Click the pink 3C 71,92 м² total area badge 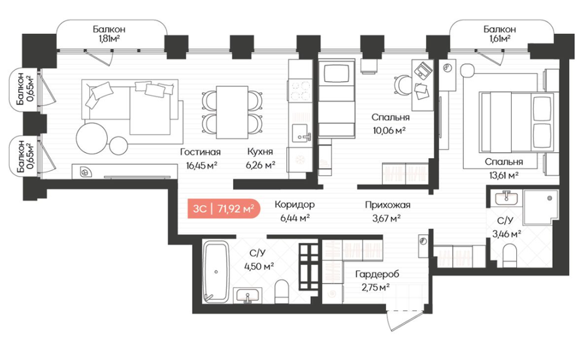pyautogui.click(x=224, y=208)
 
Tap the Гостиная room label pyautogui.click(x=201, y=152)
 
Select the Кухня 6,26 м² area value pyautogui.click(x=261, y=165)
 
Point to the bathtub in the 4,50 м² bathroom pyautogui.click(x=216, y=271)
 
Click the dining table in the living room pyautogui.click(x=232, y=112)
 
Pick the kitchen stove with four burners pyautogui.click(x=301, y=90)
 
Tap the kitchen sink pyautogui.click(x=301, y=133)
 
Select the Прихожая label pyautogui.click(x=387, y=205)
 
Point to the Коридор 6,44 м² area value pyautogui.click(x=295, y=218)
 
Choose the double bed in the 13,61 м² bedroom pyautogui.click(x=516, y=122)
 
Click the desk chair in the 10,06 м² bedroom pyautogui.click(x=403, y=84)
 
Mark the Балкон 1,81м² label pyautogui.click(x=109, y=34)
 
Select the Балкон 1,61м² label pyautogui.click(x=500, y=34)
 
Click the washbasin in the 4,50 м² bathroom pyautogui.click(x=248, y=295)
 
